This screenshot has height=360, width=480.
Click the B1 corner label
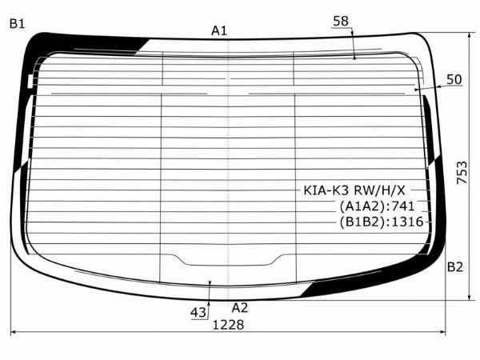click(x=17, y=24)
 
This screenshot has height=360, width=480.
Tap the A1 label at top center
click(x=218, y=30)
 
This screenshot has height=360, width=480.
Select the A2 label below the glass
click(x=239, y=307)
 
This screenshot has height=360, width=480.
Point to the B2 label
click(x=454, y=266)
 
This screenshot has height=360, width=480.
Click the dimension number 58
click(x=340, y=21)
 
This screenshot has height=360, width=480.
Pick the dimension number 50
click(x=454, y=79)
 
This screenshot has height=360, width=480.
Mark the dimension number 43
click(x=198, y=312)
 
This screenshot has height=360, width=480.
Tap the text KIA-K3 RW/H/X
click(x=354, y=191)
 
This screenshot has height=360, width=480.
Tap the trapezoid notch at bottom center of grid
click(x=229, y=259)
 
